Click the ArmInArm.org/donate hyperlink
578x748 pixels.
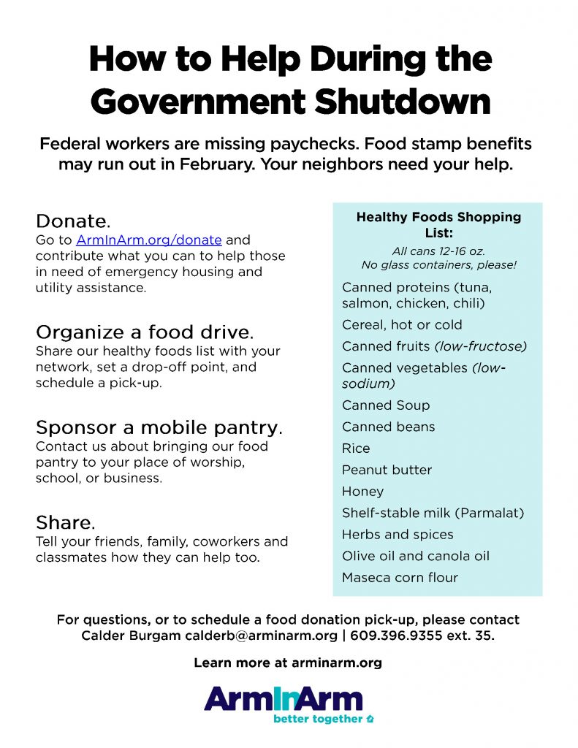coord(148,240)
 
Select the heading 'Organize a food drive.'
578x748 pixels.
coord(145,332)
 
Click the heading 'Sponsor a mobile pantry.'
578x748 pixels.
coord(159,427)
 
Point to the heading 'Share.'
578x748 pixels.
coord(66,523)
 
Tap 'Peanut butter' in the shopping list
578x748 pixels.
coord(387,470)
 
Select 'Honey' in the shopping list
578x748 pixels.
coord(362,492)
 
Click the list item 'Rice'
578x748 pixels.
coord(356,449)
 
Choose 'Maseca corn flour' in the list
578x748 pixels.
coord(400,578)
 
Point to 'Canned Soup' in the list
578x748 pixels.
coord(386,405)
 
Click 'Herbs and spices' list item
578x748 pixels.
coord(398,535)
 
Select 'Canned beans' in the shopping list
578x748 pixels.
coord(388,427)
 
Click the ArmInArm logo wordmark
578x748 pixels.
coord(284,699)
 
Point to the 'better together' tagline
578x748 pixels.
coord(318,719)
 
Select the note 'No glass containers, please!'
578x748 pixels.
coord(438,265)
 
